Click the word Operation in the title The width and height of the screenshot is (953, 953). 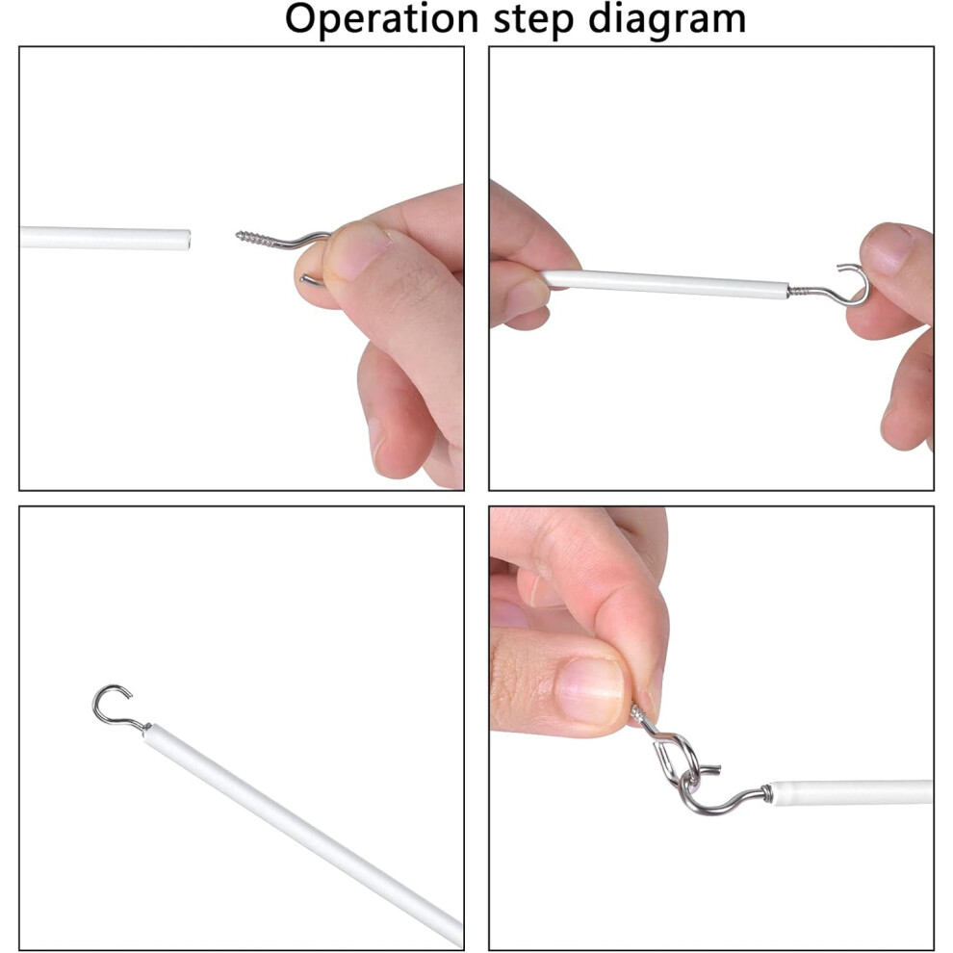[x=382, y=19]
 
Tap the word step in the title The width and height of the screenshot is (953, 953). [x=533, y=19]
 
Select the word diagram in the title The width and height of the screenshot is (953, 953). [x=667, y=20]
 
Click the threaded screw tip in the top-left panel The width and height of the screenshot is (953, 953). [x=239, y=235]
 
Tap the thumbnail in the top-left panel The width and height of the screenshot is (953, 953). [x=360, y=250]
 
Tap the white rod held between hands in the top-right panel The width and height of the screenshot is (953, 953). [x=665, y=284]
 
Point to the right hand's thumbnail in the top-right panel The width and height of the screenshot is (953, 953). [x=889, y=248]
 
